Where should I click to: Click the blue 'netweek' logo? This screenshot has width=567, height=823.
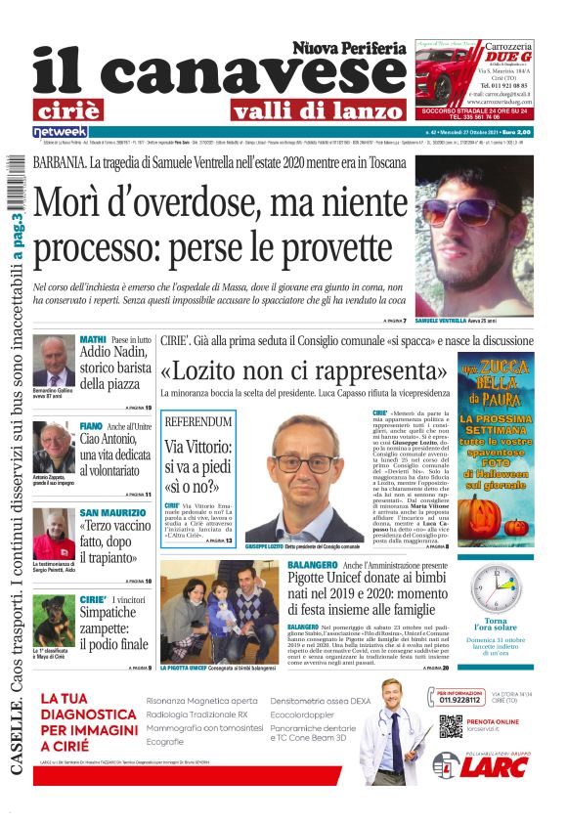(60, 132)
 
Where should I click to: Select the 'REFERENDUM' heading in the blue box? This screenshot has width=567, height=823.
(199, 421)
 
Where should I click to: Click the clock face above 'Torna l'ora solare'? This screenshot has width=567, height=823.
(499, 589)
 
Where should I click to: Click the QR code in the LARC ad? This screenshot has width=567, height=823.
(450, 726)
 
